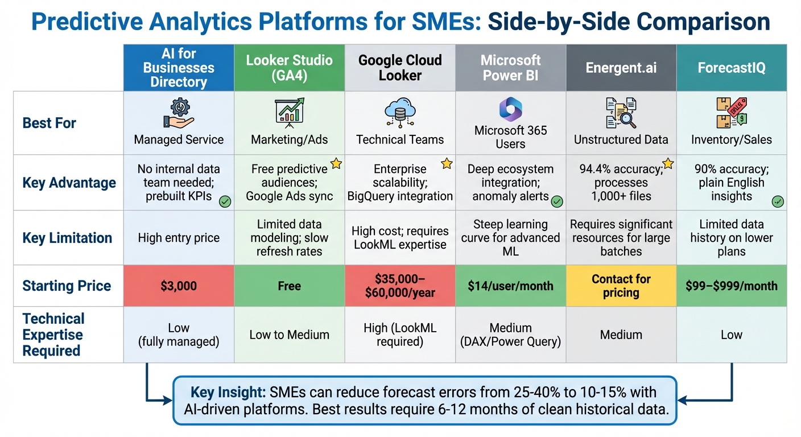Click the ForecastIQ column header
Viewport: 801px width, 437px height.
(732, 68)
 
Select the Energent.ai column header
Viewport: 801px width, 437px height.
(621, 68)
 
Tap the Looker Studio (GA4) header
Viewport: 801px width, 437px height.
(289, 68)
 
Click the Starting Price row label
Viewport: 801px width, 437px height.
(67, 286)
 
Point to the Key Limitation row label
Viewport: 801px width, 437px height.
(67, 238)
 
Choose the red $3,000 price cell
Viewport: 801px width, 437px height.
(179, 286)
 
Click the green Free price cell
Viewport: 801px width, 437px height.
(289, 286)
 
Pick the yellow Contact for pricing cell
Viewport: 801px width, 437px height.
(621, 286)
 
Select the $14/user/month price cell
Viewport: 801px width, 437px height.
(510, 286)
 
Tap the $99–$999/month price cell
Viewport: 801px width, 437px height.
(732, 286)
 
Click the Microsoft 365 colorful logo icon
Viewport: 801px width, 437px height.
(510, 109)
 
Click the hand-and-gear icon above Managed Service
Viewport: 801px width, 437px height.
(179, 113)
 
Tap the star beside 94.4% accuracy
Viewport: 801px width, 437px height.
(668, 164)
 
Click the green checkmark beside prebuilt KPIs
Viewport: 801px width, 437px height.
(225, 201)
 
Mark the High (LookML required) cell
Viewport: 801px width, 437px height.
(400, 335)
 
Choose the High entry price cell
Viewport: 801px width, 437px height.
(179, 238)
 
